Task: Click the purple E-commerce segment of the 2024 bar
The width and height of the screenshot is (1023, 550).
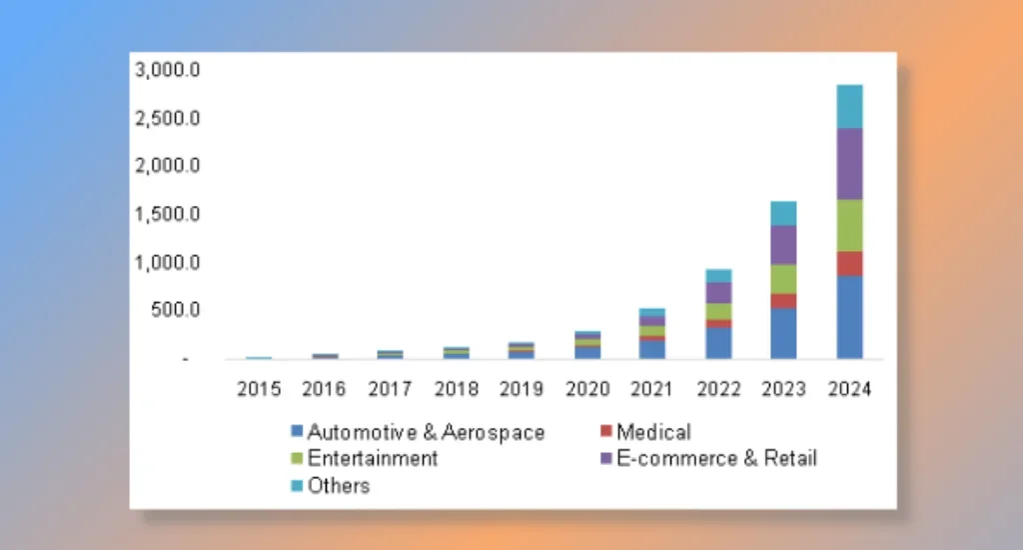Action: pos(849,164)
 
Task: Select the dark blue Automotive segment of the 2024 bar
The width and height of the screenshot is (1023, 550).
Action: pos(849,316)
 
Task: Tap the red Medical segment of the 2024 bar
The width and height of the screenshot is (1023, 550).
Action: pos(849,263)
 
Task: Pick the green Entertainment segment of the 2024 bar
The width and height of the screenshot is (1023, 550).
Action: pos(849,225)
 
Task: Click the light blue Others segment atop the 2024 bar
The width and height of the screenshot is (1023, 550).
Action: pos(849,107)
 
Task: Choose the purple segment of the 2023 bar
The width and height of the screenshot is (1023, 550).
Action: pos(783,245)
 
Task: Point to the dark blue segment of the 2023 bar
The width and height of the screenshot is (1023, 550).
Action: pos(783,333)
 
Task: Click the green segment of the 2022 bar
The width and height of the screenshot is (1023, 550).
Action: pos(717,311)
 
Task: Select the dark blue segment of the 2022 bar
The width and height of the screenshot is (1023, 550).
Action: pos(717,342)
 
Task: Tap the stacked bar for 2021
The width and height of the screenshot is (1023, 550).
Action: pos(652,334)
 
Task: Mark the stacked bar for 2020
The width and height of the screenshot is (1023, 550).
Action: pos(586,345)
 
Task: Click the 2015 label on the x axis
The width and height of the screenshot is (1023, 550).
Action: pos(259,390)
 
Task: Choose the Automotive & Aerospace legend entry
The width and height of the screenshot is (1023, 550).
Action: pos(426,433)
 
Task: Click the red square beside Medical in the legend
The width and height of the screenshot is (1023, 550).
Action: pos(605,433)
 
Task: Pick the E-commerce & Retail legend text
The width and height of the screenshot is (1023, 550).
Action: pos(716,459)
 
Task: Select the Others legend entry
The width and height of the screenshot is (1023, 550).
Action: pos(338,486)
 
